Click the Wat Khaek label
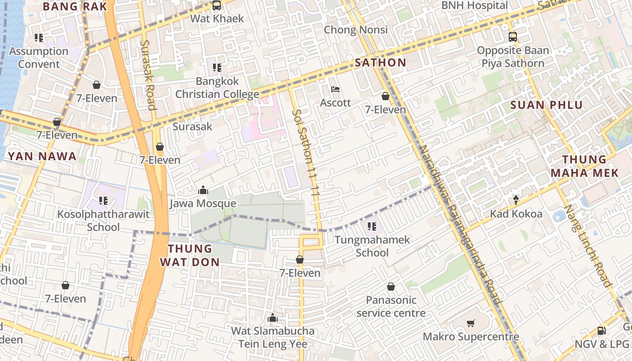[x=217, y=19]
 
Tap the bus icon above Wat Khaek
[x=217, y=5]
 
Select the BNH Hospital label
[x=474, y=5]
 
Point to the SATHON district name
[x=381, y=63]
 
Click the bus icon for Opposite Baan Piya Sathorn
[x=512, y=37]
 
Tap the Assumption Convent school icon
[x=39, y=38]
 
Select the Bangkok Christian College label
[x=217, y=88]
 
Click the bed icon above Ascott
[x=335, y=89]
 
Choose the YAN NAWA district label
[x=42, y=157]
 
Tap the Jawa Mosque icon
[x=203, y=190]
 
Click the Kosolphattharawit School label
[x=103, y=220]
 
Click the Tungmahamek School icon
[x=372, y=226]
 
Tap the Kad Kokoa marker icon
[x=516, y=200]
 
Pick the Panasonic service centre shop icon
[x=391, y=287]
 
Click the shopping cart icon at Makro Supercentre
[x=471, y=323]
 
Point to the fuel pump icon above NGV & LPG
[x=601, y=330]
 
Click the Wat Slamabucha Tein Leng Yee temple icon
[x=272, y=318]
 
